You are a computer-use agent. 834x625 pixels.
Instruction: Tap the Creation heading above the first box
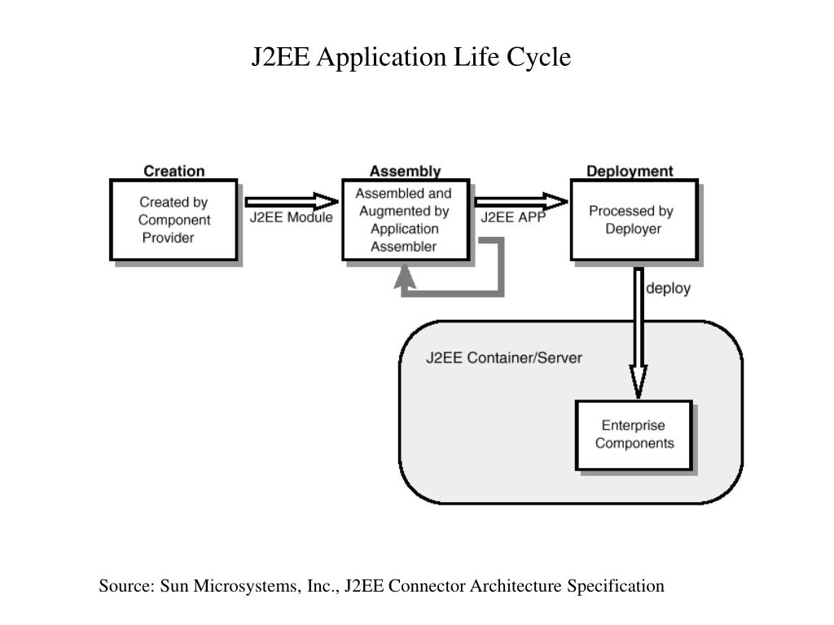pos(174,171)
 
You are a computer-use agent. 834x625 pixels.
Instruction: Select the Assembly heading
pos(406,171)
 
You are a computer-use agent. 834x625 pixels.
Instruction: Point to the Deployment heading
pos(630,171)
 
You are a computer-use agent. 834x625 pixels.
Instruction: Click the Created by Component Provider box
pos(174,220)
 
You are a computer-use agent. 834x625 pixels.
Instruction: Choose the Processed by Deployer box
pos(634,220)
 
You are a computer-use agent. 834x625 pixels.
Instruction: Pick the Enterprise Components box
pos(634,435)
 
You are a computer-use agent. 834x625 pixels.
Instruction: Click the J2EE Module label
pos(291,217)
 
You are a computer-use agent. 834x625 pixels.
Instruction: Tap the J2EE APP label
pos(513,217)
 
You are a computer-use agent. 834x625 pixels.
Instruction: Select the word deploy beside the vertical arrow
pos(668,289)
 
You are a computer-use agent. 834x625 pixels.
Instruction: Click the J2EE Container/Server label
pos(503,358)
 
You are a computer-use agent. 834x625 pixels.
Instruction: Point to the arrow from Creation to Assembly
pos(292,202)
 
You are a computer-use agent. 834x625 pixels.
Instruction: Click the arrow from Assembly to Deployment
pos(521,202)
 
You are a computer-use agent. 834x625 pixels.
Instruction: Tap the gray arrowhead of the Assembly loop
pos(405,277)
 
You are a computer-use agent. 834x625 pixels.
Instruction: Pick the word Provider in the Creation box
pos(168,238)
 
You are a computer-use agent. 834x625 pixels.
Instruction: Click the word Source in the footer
pos(126,586)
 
